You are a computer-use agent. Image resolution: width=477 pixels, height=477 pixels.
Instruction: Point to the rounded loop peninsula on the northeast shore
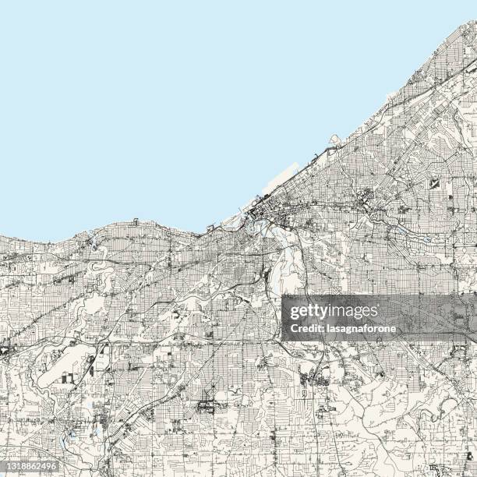pyautogui.click(x=335, y=140)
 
